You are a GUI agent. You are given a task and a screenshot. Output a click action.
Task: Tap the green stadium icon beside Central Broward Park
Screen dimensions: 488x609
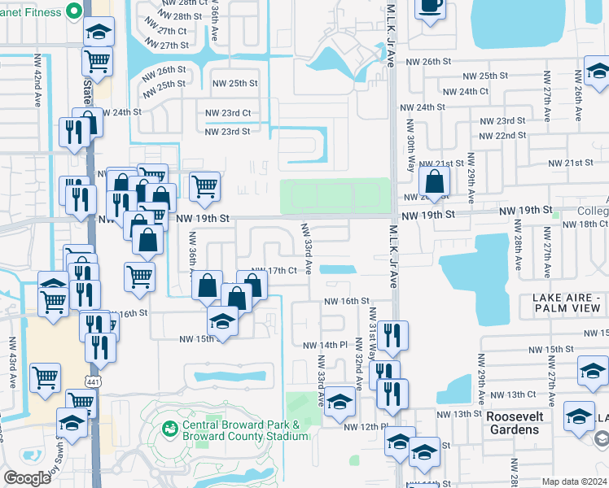point(170,428)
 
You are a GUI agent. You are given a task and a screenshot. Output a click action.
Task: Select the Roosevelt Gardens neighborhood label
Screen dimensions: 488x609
point(525,422)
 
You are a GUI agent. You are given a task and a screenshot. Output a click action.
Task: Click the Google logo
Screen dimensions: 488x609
point(27,477)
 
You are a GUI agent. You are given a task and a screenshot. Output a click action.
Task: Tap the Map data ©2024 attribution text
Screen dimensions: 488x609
point(574,481)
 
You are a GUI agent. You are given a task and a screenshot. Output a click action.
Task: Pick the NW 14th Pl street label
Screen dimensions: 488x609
point(325,346)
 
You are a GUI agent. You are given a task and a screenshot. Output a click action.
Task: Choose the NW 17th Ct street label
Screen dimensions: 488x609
point(274,271)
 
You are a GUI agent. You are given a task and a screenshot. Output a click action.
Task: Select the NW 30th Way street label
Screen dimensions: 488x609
point(411,147)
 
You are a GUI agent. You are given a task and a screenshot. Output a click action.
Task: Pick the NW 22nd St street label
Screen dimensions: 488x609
point(502,135)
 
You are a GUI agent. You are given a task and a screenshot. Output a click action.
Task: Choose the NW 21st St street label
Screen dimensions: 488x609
point(570,163)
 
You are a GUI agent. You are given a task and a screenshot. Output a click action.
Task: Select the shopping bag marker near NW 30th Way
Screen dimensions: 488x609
point(435,181)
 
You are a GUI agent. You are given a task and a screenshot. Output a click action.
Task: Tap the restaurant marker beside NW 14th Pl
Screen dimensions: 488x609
point(392,336)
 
